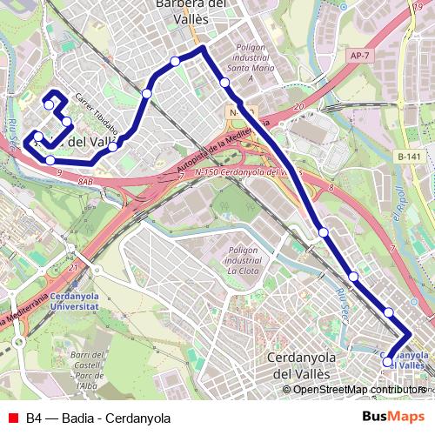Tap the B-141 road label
pos(408,157)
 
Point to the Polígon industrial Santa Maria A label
pos(250,61)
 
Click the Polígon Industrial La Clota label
pos(244,259)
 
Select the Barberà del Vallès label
pos(191,7)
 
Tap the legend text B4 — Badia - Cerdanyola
pos(97,418)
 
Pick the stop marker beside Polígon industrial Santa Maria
pos(224,83)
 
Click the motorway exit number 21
pos(74,267)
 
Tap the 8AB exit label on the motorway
pos(84,181)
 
